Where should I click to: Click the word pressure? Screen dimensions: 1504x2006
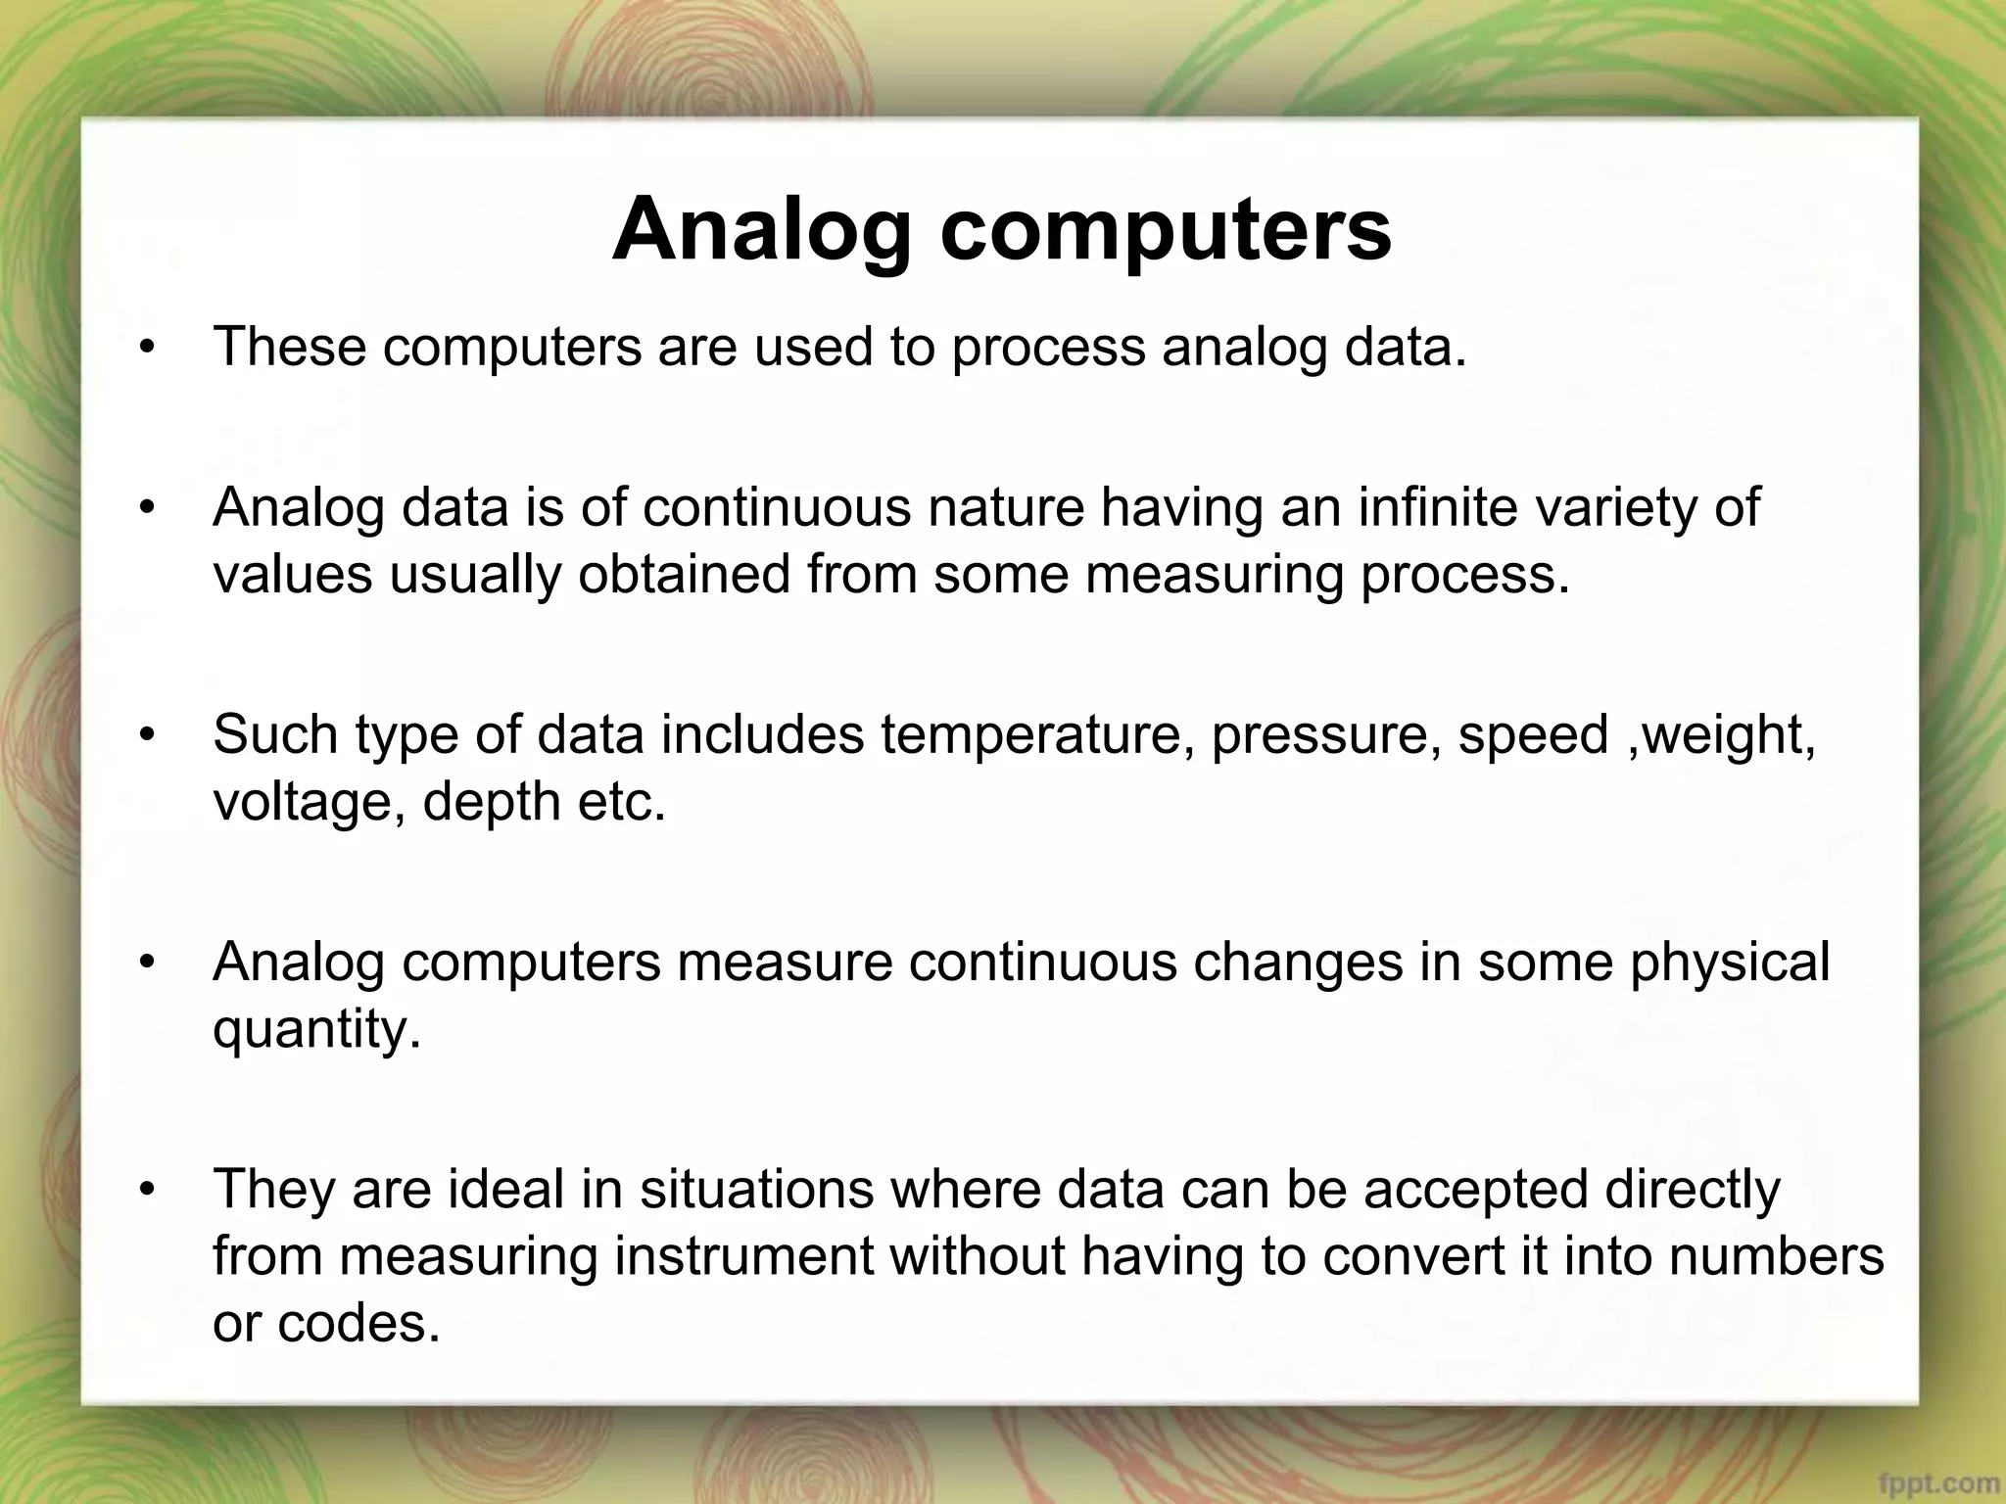pos(1324,737)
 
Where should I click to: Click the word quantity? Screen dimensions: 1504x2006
pos(315,1030)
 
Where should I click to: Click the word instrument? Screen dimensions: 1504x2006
pos(743,1257)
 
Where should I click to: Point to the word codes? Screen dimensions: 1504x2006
pos(358,1324)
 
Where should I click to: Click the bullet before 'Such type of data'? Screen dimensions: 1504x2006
pos(148,735)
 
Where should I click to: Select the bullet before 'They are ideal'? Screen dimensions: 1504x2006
pos(148,1190)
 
